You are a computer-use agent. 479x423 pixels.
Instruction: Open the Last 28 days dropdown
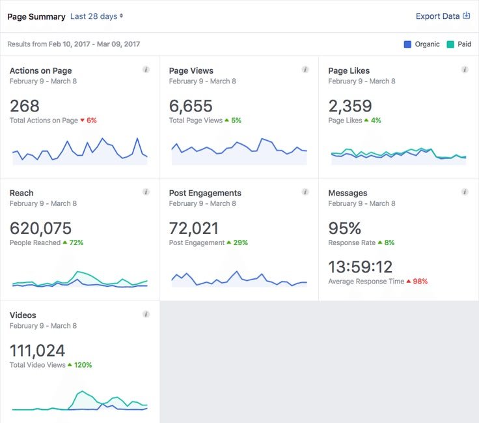[96, 16]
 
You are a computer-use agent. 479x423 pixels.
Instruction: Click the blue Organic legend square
[407, 44]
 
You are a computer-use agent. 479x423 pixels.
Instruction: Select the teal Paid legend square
[450, 44]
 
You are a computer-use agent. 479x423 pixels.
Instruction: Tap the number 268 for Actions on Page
[25, 106]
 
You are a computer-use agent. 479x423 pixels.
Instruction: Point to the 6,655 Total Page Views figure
[191, 106]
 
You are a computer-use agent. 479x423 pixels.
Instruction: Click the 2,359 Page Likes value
[350, 106]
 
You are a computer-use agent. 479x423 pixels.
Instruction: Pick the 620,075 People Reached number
[40, 228]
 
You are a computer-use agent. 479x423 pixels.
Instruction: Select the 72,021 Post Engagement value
[194, 228]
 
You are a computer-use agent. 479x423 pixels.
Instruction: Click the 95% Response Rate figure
[345, 228]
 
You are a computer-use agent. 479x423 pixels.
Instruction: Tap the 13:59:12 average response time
[361, 267]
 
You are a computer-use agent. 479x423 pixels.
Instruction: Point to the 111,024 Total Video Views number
[38, 351]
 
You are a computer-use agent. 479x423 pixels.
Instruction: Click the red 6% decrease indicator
[89, 121]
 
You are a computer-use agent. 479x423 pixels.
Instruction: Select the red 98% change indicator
[417, 282]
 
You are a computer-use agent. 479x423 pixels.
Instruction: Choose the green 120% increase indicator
[80, 365]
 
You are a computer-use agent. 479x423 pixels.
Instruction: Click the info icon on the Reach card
[146, 192]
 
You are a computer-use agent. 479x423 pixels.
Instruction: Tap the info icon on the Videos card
[146, 314]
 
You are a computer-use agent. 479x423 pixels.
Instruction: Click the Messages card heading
[348, 193]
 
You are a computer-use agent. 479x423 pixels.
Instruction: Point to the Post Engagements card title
[205, 193]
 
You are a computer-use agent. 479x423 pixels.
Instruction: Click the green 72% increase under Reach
[74, 242]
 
